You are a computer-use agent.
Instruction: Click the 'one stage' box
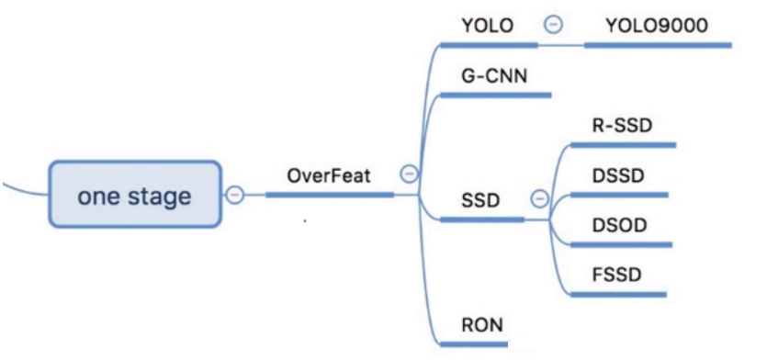(135, 194)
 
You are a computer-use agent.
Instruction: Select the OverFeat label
(329, 175)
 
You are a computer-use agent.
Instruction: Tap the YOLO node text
(485, 25)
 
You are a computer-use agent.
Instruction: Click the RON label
(483, 323)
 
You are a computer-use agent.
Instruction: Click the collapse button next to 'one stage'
(235, 195)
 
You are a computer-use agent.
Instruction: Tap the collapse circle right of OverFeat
(409, 173)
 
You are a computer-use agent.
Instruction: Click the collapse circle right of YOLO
(552, 25)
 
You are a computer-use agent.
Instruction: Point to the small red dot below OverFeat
(304, 221)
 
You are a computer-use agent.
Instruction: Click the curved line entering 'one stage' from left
(23, 189)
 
